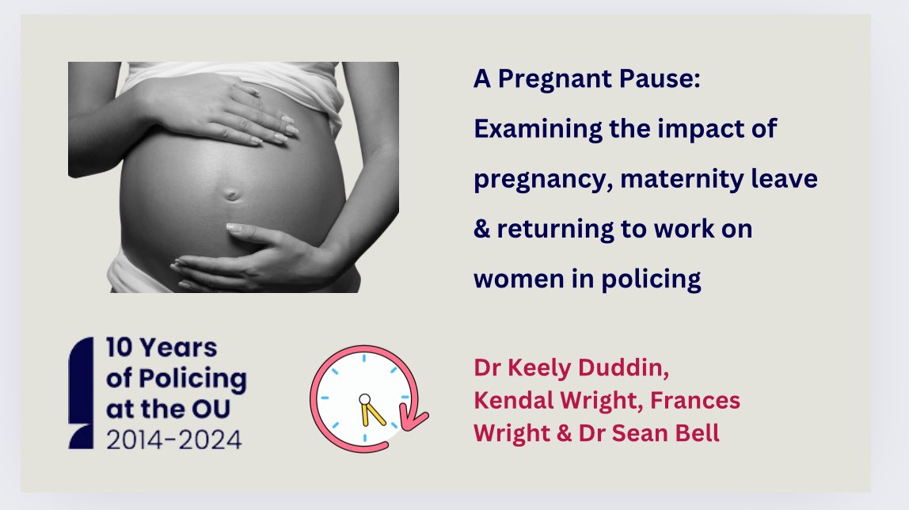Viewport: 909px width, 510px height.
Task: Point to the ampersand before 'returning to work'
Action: pyautogui.click(x=482, y=230)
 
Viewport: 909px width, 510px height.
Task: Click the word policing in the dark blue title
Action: pyautogui.click(x=655, y=280)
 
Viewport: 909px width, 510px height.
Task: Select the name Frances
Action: pyautogui.click(x=694, y=402)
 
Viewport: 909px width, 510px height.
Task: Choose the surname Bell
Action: pyautogui.click(x=696, y=434)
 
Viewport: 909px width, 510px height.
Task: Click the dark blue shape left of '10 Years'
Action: pyautogui.click(x=82, y=393)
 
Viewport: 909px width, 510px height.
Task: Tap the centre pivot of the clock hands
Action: pyautogui.click(x=364, y=398)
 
